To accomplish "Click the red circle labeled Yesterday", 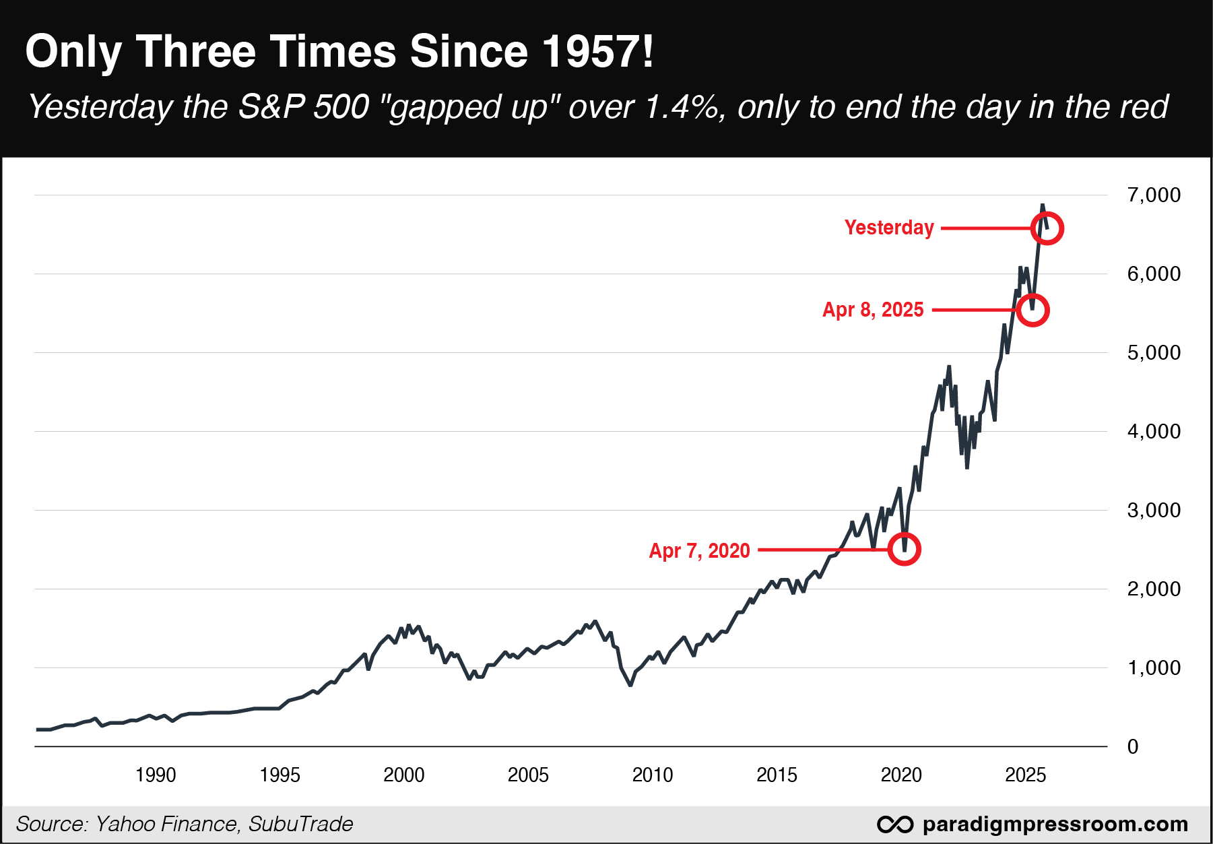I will [1047, 229].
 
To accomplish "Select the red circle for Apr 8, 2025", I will [1032, 311].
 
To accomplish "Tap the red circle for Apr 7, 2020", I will [904, 550].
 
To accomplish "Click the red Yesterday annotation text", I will [889, 228].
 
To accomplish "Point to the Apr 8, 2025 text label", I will [873, 310].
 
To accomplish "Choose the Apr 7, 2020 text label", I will [699, 551].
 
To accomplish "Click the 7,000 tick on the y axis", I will [1154, 195].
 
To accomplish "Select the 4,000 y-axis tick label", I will [1154, 432].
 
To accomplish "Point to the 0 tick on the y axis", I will [1133, 747].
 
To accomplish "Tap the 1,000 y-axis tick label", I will [1154, 668].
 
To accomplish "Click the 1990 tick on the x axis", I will [156, 775].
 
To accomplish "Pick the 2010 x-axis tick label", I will [653, 775].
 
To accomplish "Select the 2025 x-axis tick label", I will [1025, 775].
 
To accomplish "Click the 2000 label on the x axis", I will [404, 775].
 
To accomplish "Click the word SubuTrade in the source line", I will [300, 824].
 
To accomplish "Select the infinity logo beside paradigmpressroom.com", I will [895, 824].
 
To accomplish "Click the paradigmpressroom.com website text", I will [1055, 824].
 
